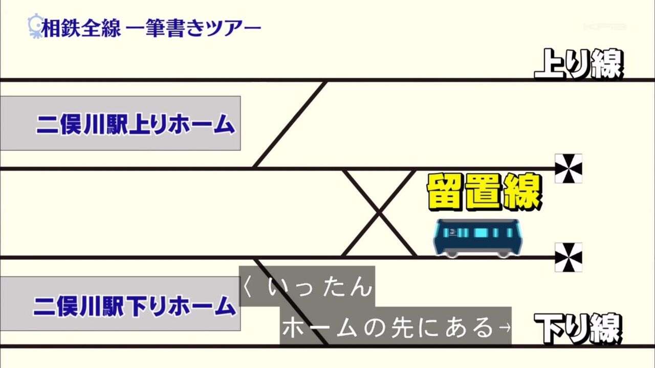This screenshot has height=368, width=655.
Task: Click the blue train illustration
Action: click(x=477, y=237)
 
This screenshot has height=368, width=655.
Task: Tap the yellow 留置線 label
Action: click(x=484, y=192)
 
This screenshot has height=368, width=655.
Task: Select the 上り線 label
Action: click(x=578, y=64)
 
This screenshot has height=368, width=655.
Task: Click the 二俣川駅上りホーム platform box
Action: click(x=120, y=123)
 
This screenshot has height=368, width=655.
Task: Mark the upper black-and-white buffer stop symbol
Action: click(x=569, y=168)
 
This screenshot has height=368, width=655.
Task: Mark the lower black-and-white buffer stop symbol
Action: click(x=569, y=257)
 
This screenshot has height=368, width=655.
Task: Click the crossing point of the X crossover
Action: click(x=379, y=212)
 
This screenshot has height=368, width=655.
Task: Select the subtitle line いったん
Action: click(x=320, y=287)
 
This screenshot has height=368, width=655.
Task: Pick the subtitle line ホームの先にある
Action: click(x=389, y=328)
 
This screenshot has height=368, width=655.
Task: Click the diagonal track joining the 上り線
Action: click(x=290, y=124)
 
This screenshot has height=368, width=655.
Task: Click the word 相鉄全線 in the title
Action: click(x=81, y=28)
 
